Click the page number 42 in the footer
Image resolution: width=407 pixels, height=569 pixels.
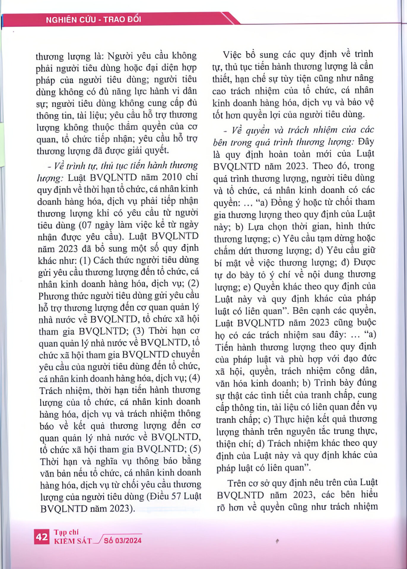pos(42,537)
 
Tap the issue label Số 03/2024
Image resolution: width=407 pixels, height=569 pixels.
pos(123,541)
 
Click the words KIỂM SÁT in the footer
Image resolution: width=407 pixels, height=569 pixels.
pos(73,541)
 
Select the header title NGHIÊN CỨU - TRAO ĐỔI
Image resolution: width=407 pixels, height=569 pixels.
pos(93,20)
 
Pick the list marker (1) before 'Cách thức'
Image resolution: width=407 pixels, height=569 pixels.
pos(85,260)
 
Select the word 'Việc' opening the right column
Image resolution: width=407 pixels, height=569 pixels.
pos(232,55)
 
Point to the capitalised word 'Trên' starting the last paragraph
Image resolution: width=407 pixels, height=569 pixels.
pos(236,483)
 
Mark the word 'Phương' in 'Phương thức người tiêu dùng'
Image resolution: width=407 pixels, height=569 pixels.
pos(52,296)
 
